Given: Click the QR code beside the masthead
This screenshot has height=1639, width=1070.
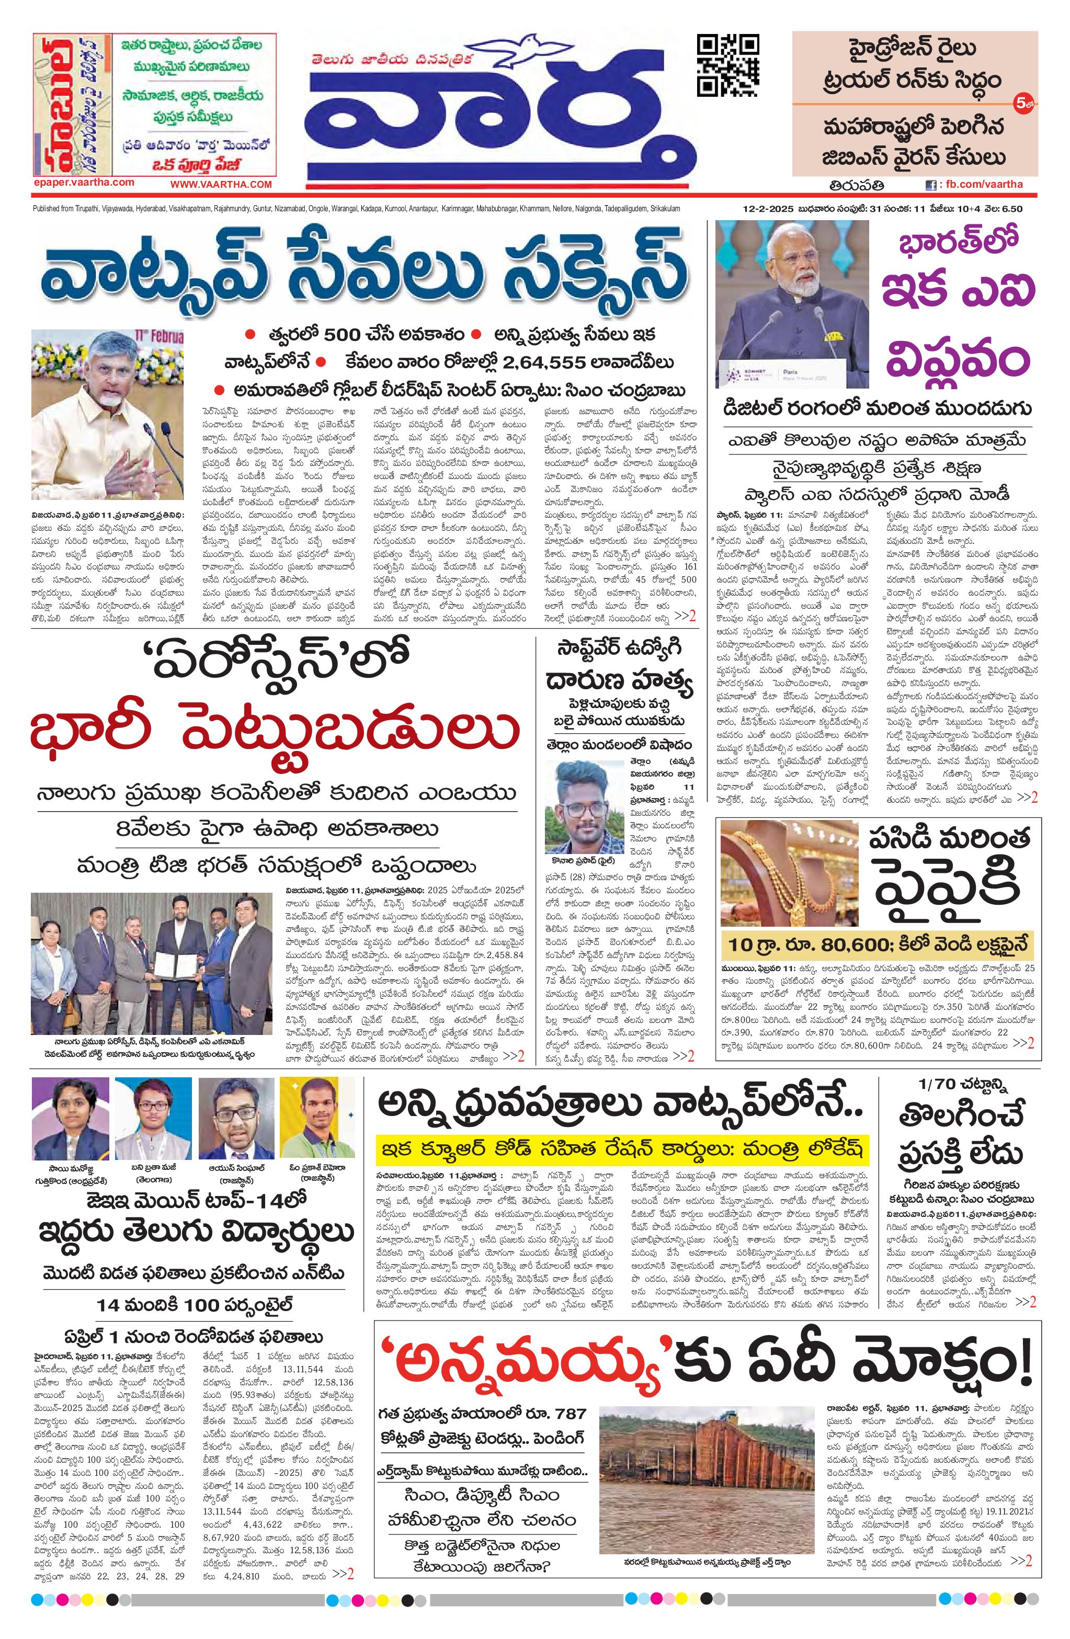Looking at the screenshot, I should tap(729, 65).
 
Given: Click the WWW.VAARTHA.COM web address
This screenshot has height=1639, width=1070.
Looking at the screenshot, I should tap(221, 184).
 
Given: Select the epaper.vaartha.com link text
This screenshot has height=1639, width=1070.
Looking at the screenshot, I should tap(83, 182).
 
